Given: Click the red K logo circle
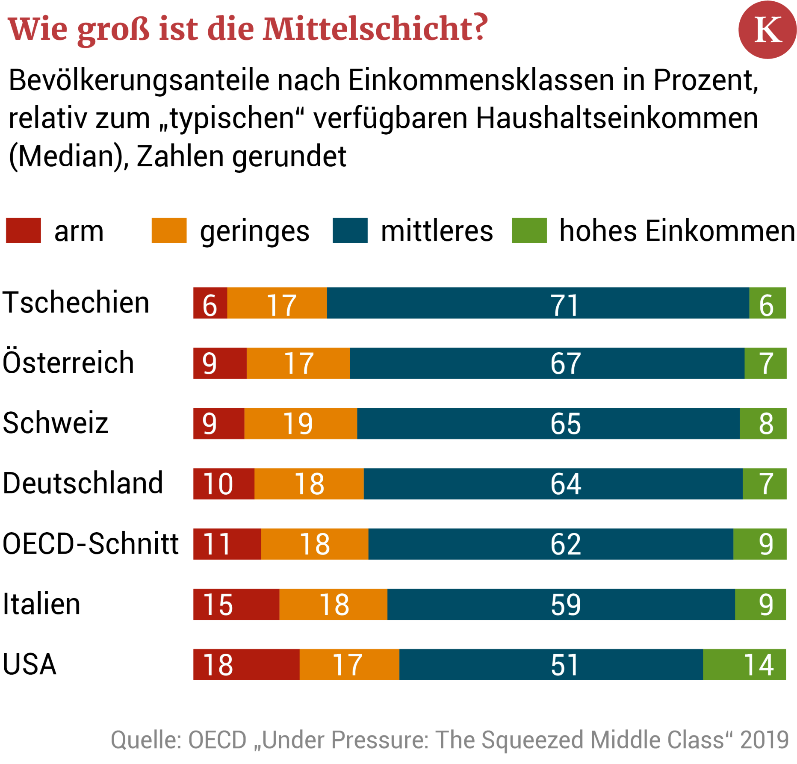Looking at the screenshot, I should pyautogui.click(x=767, y=29).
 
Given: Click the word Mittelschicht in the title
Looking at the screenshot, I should pyautogui.click(x=375, y=29).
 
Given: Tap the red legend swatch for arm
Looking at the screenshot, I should pyautogui.click(x=24, y=230).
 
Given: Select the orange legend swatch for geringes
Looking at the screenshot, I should pyautogui.click(x=169, y=230).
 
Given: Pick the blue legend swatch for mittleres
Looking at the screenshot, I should pyautogui.click(x=350, y=230).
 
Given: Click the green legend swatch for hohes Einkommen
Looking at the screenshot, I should pyautogui.click(x=529, y=230).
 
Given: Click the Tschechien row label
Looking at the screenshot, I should pyautogui.click(x=76, y=302).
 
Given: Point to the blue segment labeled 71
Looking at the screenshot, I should pyautogui.click(x=537, y=303).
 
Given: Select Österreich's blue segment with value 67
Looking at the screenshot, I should pyautogui.click(x=547, y=363).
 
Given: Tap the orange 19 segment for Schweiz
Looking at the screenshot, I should pyautogui.click(x=300, y=423).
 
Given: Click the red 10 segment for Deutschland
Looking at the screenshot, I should pyautogui.click(x=224, y=484).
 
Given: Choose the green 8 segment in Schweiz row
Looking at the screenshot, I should pyautogui.click(x=763, y=423).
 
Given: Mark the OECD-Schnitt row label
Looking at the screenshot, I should pyautogui.click(x=90, y=543).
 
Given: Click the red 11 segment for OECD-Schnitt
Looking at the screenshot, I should pyautogui.click(x=227, y=544).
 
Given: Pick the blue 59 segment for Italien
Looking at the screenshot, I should pyautogui.click(x=561, y=604).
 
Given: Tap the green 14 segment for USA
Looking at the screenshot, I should pyautogui.click(x=744, y=664).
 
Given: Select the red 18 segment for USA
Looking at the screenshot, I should pyautogui.click(x=246, y=664).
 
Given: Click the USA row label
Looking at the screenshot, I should pyautogui.click(x=30, y=664).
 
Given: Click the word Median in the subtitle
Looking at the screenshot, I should pyautogui.click(x=66, y=156).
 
